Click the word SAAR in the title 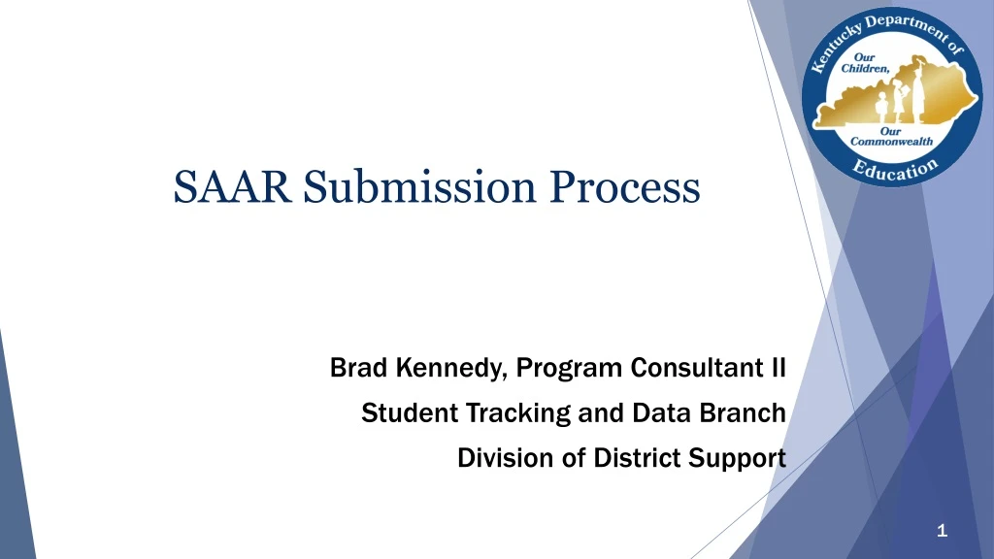click(x=233, y=186)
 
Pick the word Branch click(x=747, y=413)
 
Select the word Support click(x=737, y=457)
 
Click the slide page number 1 click(x=942, y=530)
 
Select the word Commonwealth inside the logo click(x=892, y=141)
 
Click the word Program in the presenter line click(x=571, y=369)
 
